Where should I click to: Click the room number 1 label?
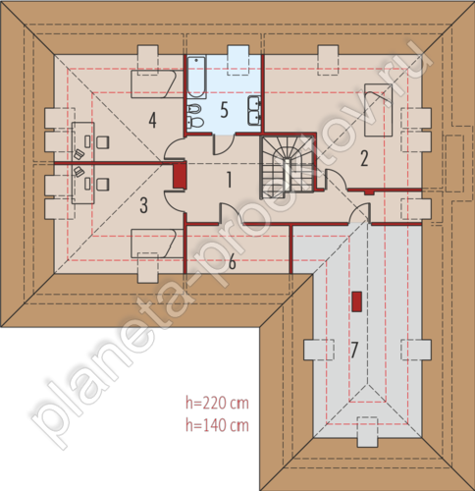(230, 180)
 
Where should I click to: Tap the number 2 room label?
(364, 158)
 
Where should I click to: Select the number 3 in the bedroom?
(143, 205)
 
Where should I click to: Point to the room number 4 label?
(152, 120)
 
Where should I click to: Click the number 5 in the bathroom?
(224, 110)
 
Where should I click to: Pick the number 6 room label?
(232, 262)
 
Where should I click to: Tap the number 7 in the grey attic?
(354, 350)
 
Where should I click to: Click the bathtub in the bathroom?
(196, 77)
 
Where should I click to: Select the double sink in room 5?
(254, 110)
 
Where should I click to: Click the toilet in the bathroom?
(195, 122)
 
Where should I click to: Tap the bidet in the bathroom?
(194, 109)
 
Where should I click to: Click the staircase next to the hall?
(287, 168)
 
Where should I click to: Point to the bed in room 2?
(379, 110)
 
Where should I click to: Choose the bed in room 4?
(154, 83)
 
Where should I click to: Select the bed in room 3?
(154, 244)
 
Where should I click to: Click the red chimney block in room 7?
(356, 301)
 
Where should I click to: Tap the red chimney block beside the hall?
(180, 176)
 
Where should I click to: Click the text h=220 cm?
(217, 403)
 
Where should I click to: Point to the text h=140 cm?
(217, 425)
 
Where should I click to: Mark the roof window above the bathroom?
(238, 61)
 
